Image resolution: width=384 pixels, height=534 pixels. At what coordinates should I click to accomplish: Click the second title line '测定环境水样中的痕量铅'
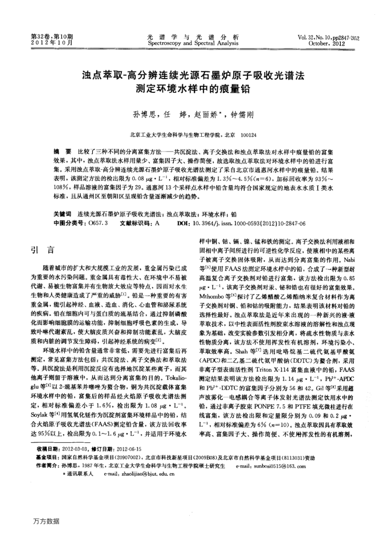(192, 86)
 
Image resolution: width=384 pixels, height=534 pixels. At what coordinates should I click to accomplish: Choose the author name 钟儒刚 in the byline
(236, 116)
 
